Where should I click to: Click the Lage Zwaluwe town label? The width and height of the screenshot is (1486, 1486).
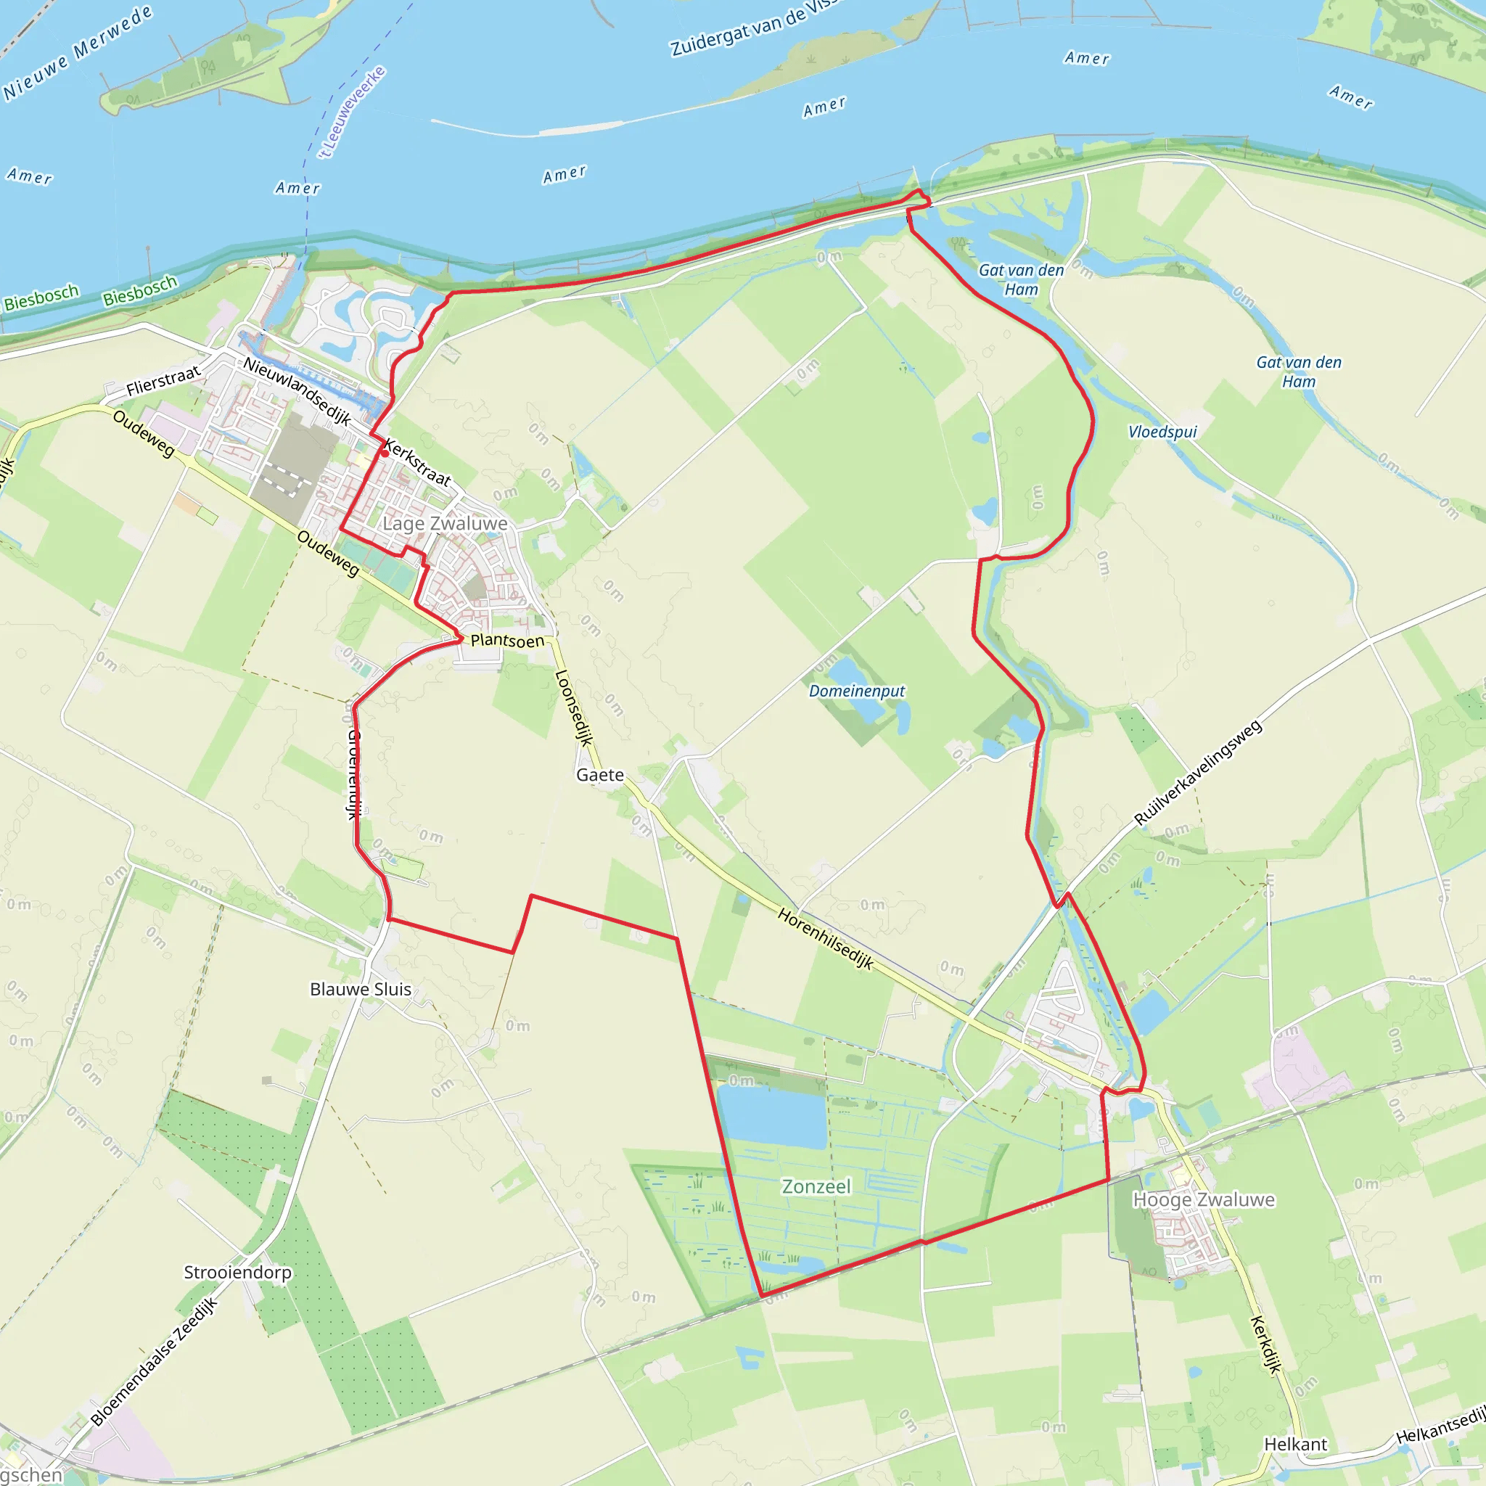pyautogui.click(x=445, y=524)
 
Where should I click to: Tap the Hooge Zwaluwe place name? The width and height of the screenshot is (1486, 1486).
pyautogui.click(x=1204, y=1200)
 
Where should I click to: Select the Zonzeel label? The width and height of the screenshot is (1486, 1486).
pyautogui.click(x=816, y=1187)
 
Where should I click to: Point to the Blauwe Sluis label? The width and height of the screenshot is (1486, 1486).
pyautogui.click(x=360, y=989)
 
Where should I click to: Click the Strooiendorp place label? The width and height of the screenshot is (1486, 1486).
pyautogui.click(x=238, y=1272)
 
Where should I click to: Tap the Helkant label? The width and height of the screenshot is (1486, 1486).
pyautogui.click(x=1296, y=1445)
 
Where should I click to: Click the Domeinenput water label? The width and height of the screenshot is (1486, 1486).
pyautogui.click(x=857, y=691)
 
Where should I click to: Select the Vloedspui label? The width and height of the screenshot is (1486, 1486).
pyautogui.click(x=1162, y=432)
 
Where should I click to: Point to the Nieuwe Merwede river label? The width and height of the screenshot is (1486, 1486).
pyautogui.click(x=77, y=52)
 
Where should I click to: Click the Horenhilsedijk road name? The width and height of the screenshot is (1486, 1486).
pyautogui.click(x=825, y=938)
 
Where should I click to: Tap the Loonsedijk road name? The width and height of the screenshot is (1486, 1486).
pyautogui.click(x=574, y=707)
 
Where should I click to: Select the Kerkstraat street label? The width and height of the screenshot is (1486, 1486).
pyautogui.click(x=417, y=462)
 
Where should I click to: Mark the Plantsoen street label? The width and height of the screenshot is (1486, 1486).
pyautogui.click(x=507, y=641)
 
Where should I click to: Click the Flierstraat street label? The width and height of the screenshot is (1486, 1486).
pyautogui.click(x=163, y=381)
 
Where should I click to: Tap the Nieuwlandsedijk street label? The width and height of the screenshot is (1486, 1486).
pyautogui.click(x=297, y=392)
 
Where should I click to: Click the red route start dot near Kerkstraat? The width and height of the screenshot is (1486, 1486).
pyautogui.click(x=385, y=453)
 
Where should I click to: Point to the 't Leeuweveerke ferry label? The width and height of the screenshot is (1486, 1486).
pyautogui.click(x=352, y=112)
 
